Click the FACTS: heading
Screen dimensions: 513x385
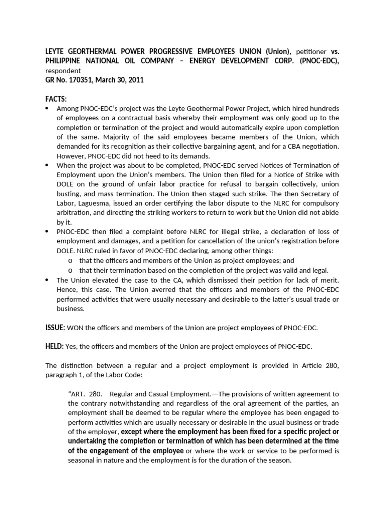pyautogui.click(x=56, y=99)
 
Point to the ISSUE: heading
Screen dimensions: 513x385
pyautogui.click(x=55, y=327)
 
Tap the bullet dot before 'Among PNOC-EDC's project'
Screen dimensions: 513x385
pyautogui.click(x=47, y=109)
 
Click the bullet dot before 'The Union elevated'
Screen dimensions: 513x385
pyautogui.click(x=47, y=280)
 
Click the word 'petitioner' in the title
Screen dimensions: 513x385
pyautogui.click(x=312, y=51)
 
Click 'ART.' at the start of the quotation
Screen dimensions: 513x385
pyautogui.click(x=76, y=393)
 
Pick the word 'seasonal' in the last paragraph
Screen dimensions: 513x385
pyautogui.click(x=82, y=460)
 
